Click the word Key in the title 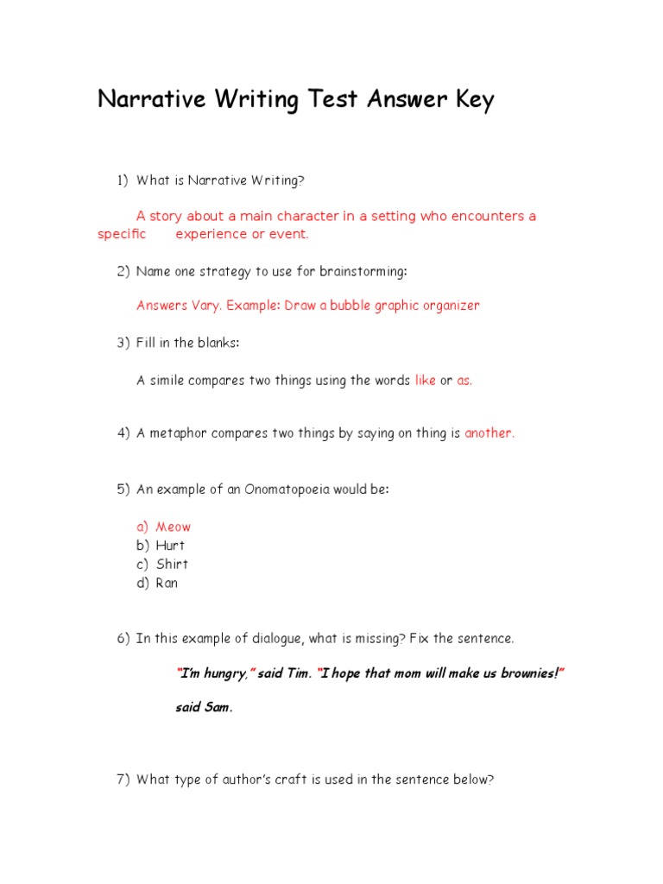coord(471,100)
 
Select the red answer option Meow coord(174,527)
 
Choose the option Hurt coord(170,546)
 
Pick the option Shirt coord(172,565)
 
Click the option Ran coord(167,584)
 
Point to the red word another coord(489,433)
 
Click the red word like coord(426,381)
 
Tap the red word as coord(464,381)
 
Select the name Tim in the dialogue coord(298,673)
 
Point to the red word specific coord(122,234)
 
